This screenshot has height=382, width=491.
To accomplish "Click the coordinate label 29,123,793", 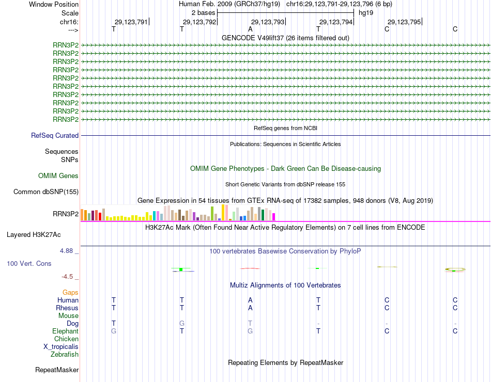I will (268, 22).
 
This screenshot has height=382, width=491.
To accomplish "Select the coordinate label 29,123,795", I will (404, 22).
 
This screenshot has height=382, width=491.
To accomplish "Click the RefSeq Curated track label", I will (55, 136).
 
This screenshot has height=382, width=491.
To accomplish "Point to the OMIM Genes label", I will (58, 176).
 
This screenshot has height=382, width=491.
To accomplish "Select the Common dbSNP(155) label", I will (46, 192).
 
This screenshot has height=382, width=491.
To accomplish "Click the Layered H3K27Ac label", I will (34, 234).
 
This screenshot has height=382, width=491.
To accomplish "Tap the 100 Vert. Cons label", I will (29, 263).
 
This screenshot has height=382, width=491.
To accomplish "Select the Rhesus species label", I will (67, 308).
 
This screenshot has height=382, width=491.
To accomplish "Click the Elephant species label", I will (65, 331).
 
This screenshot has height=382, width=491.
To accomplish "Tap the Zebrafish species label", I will (65, 355).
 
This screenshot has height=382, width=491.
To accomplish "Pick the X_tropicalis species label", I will (61, 347).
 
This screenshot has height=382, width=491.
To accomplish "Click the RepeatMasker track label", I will (57, 370).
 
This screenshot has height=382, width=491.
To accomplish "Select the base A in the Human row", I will (250, 300).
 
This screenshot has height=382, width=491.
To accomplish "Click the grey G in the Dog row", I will (182, 324).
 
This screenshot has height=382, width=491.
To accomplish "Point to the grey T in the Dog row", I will (250, 324).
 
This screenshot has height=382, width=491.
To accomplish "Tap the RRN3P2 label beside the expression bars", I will (66, 214).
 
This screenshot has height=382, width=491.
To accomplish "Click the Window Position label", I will (54, 4).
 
